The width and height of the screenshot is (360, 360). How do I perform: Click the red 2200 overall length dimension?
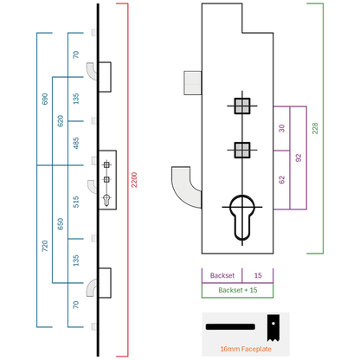134,180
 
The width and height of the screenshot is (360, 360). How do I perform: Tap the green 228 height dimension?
315,128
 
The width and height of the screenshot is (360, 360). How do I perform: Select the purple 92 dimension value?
299,157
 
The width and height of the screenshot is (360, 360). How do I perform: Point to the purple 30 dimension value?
282,128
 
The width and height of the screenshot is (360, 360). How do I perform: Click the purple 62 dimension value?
282,180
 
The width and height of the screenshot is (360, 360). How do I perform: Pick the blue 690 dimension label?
45,99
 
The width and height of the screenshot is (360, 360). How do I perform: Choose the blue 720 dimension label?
45,246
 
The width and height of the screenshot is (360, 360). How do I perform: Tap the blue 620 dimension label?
61,121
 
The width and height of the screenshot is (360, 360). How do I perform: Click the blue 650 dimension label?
61,224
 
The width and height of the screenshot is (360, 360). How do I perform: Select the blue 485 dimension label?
76,143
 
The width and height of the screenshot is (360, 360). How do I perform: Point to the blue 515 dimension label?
76,202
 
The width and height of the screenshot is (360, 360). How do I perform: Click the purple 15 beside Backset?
258,275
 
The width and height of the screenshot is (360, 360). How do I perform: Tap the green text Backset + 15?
238,290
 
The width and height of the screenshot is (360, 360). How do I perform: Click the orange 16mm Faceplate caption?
246,349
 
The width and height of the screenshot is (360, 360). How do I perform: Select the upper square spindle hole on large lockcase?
242,106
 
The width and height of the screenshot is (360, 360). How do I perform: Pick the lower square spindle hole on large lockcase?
242,150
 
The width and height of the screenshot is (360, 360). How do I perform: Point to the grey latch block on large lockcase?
193,83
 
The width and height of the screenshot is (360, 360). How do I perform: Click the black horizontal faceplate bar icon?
230,327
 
